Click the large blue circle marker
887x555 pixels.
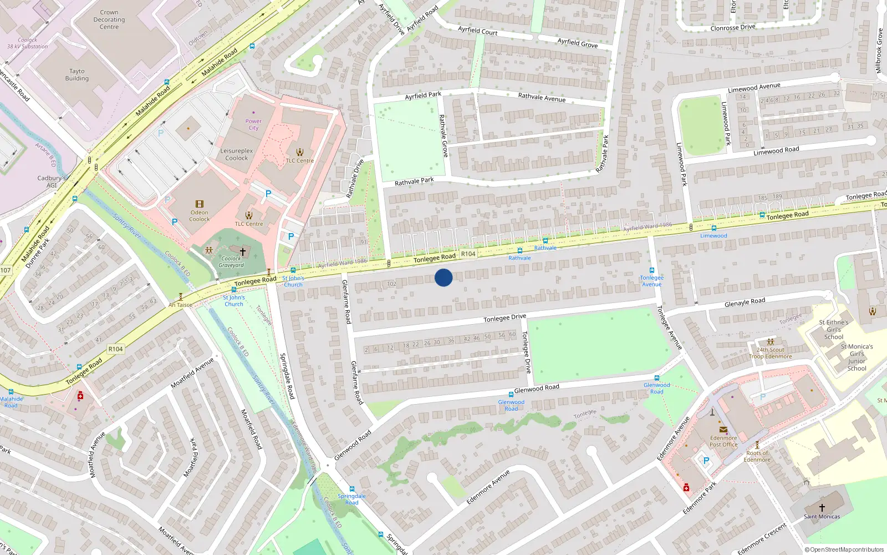click(443, 277)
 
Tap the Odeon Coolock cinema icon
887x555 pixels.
click(200, 204)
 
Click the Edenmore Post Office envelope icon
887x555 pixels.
click(723, 429)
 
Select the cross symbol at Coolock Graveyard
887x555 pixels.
click(242, 251)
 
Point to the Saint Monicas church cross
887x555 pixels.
click(822, 507)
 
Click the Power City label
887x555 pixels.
click(253, 124)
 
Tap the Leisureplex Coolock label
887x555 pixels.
click(237, 154)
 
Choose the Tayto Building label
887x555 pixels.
click(77, 75)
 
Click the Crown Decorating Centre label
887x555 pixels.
click(109, 19)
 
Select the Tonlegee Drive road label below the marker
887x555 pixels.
click(504, 318)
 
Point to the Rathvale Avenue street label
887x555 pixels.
click(542, 97)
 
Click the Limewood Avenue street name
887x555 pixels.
click(754, 88)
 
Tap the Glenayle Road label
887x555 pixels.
click(745, 302)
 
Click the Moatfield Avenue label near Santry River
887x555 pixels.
click(192, 373)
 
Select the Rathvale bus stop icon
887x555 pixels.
click(546, 241)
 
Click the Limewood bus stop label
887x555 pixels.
click(713, 236)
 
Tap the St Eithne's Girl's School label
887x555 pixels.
click(834, 329)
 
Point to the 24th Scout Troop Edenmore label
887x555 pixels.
click(771, 353)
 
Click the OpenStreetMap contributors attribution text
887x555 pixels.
click(844, 549)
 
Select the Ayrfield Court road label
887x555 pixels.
click(478, 31)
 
